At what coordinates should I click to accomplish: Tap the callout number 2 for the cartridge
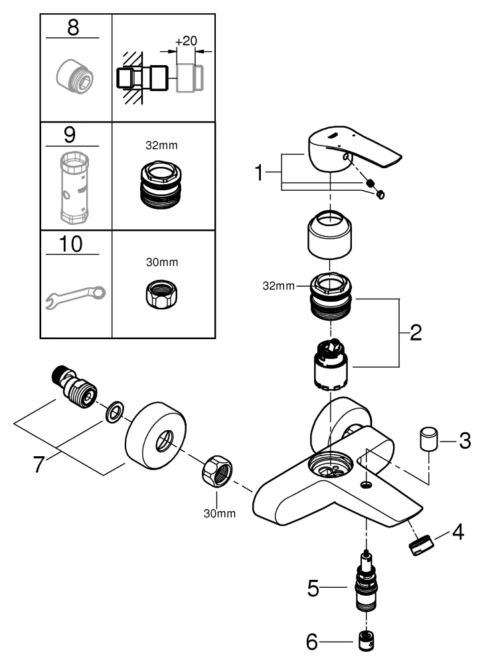click(x=415, y=331)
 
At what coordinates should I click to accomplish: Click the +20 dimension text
click(x=185, y=41)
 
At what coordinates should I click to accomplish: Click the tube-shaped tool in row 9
click(x=74, y=187)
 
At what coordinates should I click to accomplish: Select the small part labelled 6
click(x=365, y=642)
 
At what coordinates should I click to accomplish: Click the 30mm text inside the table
click(x=162, y=262)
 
